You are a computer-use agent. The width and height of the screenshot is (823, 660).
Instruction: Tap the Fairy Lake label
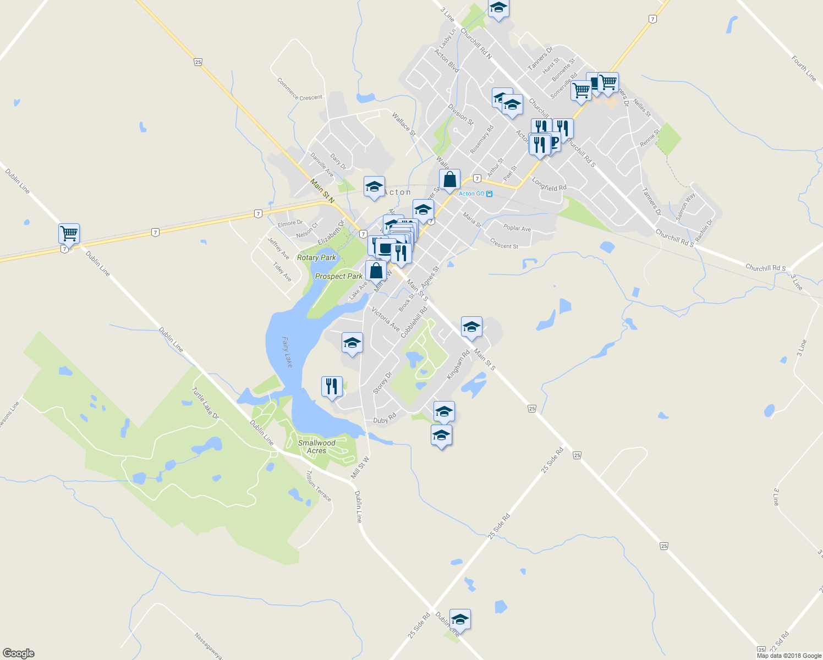click(x=287, y=352)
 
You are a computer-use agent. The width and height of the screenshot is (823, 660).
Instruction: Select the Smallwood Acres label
click(x=316, y=447)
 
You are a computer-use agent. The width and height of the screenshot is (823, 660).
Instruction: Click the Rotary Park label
click(x=316, y=257)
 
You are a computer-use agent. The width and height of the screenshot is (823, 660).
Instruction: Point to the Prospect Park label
click(x=338, y=276)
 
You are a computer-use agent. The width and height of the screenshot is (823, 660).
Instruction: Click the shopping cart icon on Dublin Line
click(x=69, y=233)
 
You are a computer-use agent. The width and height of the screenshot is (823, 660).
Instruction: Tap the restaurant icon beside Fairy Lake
click(x=331, y=387)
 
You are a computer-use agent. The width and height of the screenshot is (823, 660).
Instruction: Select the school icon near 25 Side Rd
click(x=460, y=620)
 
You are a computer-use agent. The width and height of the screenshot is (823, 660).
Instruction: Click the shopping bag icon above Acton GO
click(x=449, y=180)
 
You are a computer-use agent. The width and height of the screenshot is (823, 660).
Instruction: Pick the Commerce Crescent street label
click(x=300, y=90)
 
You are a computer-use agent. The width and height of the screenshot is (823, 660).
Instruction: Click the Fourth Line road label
click(x=804, y=69)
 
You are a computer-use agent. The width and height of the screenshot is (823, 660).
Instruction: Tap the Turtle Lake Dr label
click(x=205, y=403)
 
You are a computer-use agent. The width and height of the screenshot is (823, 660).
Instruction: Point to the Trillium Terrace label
click(x=319, y=486)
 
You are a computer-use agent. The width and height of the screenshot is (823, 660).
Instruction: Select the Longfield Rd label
click(x=548, y=184)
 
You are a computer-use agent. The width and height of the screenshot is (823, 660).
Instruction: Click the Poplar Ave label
click(x=517, y=228)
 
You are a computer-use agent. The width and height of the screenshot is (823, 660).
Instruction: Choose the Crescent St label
click(x=504, y=243)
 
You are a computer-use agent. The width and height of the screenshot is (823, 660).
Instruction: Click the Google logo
click(x=19, y=653)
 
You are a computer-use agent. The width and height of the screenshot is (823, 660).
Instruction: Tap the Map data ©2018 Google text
click(x=789, y=656)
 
